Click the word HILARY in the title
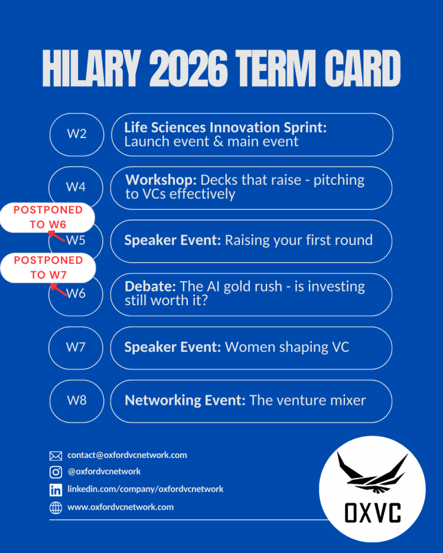[92, 68]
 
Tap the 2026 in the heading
[188, 68]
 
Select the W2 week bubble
[77, 135]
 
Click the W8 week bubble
[77, 401]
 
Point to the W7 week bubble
[76, 348]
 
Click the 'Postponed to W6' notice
[48, 217]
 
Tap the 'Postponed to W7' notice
[48, 268]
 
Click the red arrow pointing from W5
[57, 236]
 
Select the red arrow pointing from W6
[58, 290]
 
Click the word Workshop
[161, 180]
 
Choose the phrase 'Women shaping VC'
[287, 347]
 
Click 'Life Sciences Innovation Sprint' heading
[226, 127]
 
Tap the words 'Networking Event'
[185, 400]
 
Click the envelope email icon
[56, 456]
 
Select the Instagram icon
[56, 472]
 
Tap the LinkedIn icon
[56, 490]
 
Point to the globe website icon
[56, 508]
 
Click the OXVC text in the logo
[373, 513]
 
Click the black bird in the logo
[372, 472]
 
